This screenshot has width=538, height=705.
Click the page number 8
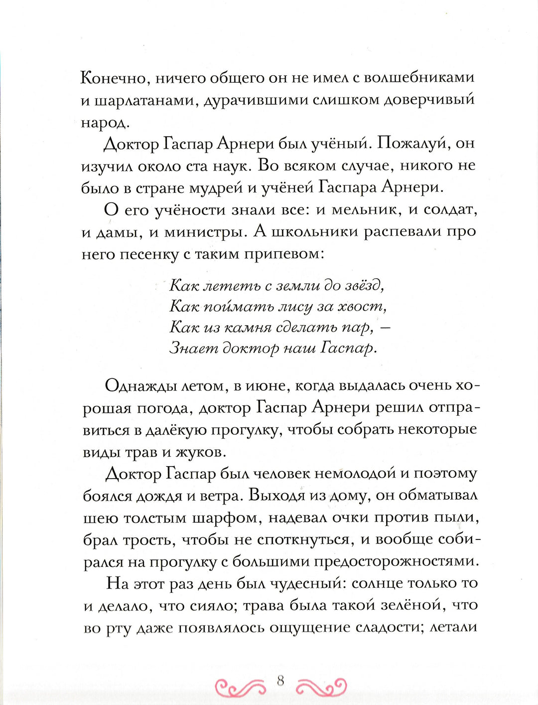[x=280, y=680]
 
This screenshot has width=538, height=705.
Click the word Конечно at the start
[x=113, y=78]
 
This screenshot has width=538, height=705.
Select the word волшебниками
[x=419, y=78]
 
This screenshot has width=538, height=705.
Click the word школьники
[x=315, y=232]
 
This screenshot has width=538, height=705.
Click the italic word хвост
[x=362, y=306]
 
